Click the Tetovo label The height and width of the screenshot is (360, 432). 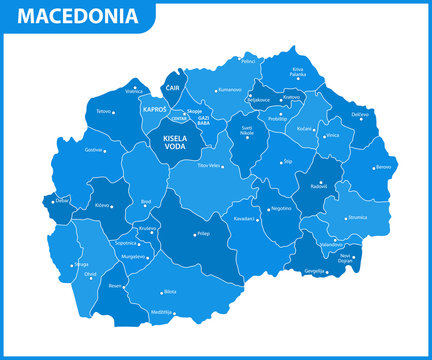(x=103, y=112)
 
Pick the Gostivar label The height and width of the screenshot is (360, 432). (x=93, y=150)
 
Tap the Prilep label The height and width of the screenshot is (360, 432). (x=204, y=234)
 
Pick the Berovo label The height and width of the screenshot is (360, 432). (x=383, y=167)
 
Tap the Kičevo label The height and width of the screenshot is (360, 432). (x=101, y=206)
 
